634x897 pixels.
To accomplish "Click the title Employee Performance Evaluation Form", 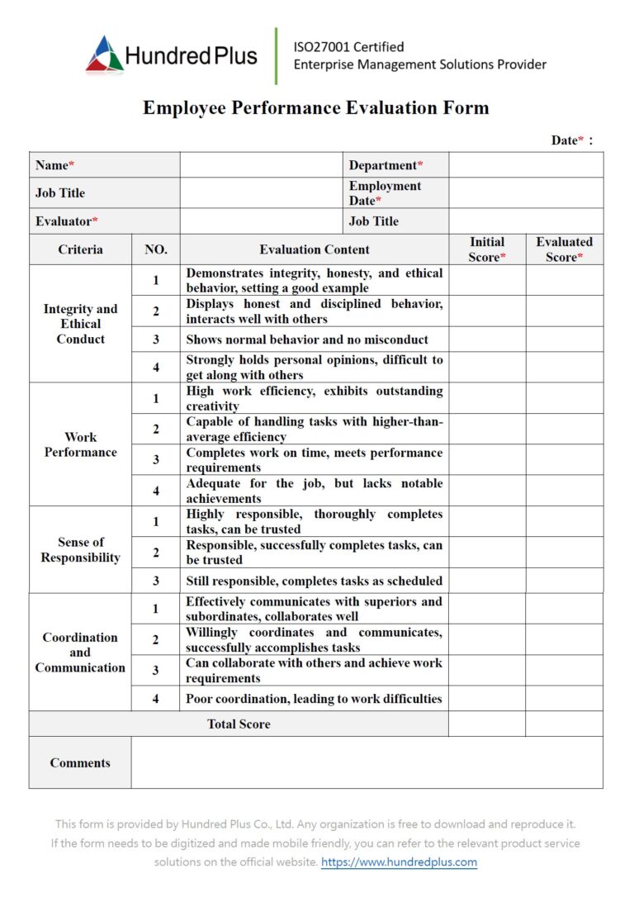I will (316, 108).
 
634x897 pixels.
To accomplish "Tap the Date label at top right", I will (568, 140).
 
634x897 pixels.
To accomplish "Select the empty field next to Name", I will (261, 165).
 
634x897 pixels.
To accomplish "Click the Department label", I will (386, 165).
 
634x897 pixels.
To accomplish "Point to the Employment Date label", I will (385, 193).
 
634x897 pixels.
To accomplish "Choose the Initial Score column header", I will (486, 249).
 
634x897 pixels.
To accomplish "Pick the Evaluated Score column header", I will (564, 249).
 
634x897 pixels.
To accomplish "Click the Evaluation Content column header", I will (314, 249).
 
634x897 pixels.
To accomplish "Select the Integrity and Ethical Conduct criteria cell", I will (80, 324).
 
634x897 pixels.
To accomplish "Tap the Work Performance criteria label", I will (80, 444).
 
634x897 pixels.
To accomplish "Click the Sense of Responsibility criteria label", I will (80, 550).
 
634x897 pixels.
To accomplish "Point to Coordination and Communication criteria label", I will (80, 653).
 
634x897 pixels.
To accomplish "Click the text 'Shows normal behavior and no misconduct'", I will (306, 339).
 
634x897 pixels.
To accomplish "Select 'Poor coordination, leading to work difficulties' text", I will (314, 699).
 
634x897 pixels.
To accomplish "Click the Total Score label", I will (239, 724).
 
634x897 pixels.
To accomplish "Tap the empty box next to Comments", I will (367, 762).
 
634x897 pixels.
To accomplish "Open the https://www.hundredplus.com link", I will (399, 862).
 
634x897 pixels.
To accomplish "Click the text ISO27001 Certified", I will (348, 47).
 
